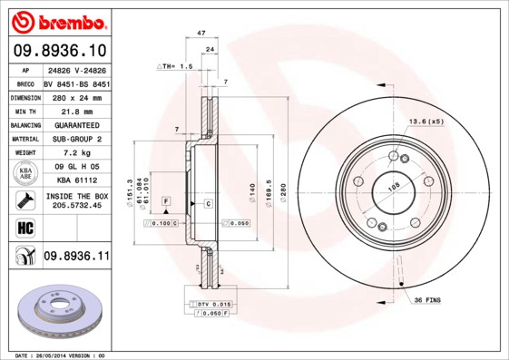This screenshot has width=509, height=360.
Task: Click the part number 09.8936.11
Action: (76, 258)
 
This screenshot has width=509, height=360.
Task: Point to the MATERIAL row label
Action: (24, 139)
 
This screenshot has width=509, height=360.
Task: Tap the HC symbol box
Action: (24, 227)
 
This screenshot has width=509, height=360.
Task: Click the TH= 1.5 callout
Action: (176, 66)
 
